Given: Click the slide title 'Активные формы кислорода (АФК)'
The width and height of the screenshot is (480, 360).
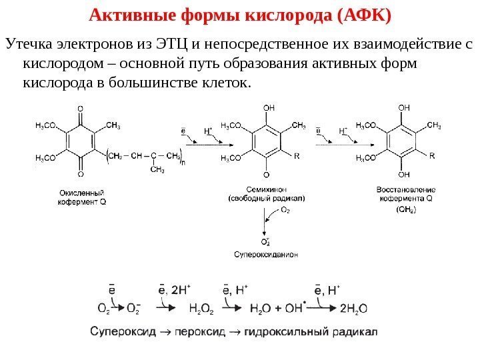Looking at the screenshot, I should pos(240,14).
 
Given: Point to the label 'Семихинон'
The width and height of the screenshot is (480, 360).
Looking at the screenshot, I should pos(266,189).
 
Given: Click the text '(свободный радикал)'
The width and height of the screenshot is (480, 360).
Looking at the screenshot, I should pos(266,198).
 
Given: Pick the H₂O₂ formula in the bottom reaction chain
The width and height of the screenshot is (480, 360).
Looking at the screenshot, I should pos(202,308).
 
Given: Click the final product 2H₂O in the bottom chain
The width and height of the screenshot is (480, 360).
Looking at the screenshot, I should pos(353,308).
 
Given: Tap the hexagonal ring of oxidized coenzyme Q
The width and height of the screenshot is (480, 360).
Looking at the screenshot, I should pos(81,141).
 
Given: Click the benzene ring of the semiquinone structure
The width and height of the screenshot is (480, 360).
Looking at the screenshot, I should pos(267,141).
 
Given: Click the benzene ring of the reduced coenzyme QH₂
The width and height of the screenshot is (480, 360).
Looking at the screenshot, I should pos(404,141).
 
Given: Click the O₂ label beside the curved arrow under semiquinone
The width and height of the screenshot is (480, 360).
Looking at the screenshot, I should pos(285,210).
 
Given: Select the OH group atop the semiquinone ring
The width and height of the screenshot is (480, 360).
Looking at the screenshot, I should pos(268,107).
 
